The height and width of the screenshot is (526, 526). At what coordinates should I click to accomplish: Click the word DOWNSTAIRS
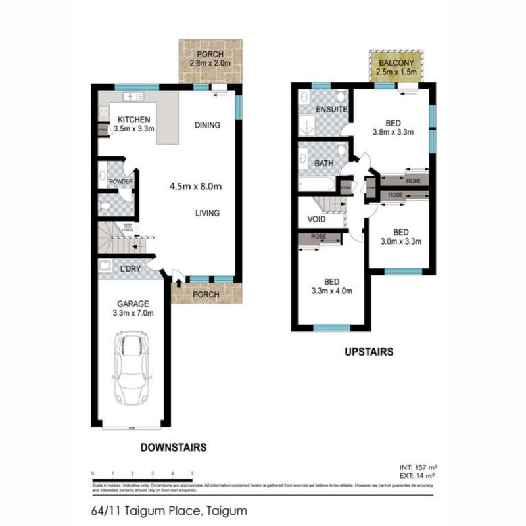click(174, 448)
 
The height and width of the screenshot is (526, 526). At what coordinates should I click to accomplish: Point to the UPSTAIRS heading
click(369, 352)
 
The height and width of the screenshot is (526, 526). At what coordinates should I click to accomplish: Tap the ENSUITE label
click(331, 109)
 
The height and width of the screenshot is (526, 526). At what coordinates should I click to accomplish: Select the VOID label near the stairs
click(316, 219)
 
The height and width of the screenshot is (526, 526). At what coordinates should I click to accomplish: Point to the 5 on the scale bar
click(191, 473)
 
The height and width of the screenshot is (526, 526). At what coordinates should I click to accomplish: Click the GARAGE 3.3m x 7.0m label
click(134, 308)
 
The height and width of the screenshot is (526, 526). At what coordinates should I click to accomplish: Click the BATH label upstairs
click(323, 163)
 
